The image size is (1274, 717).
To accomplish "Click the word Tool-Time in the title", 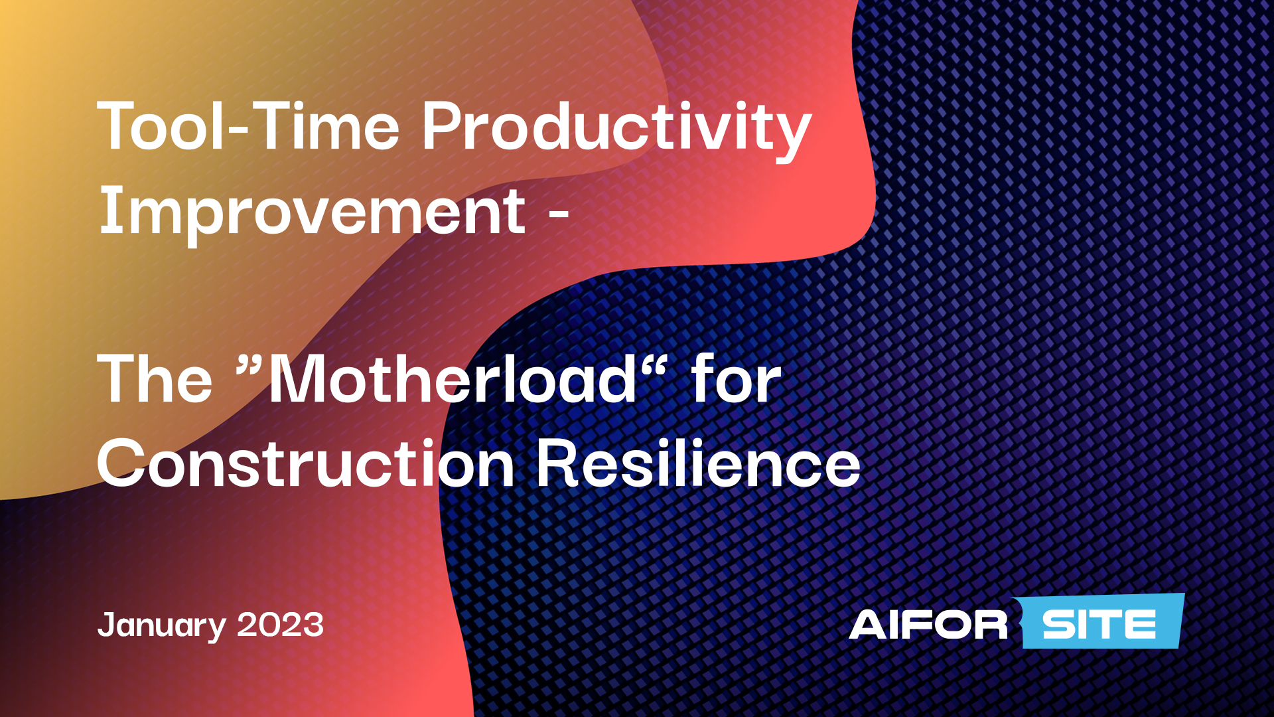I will tap(248, 127).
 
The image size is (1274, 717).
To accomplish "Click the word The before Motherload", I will tap(155, 380).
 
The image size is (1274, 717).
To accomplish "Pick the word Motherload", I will tap(451, 380).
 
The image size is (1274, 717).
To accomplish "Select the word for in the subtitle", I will tap(736, 380).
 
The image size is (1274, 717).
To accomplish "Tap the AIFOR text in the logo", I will tap(928, 625).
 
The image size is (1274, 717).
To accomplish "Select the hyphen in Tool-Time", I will tap(238, 130).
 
